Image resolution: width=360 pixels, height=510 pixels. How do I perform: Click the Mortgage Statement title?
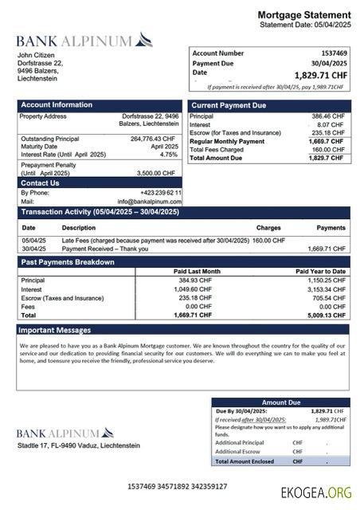click(303, 15)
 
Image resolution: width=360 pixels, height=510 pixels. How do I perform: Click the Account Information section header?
click(57, 105)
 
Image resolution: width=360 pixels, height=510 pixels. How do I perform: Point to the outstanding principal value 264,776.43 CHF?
click(152, 139)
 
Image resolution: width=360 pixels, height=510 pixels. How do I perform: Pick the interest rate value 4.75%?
click(169, 155)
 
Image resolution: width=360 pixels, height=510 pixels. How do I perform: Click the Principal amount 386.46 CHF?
click(327, 116)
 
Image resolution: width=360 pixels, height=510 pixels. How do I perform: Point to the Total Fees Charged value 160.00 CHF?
click(327, 150)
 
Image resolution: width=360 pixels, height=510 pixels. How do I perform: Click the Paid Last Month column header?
click(197, 272)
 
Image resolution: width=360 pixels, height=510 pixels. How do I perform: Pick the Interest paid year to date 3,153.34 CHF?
click(327, 289)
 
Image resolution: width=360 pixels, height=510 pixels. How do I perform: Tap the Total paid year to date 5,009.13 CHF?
click(327, 315)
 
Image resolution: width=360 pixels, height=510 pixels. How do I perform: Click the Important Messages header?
click(55, 329)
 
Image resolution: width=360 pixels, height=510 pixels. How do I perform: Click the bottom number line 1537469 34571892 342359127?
click(177, 486)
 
